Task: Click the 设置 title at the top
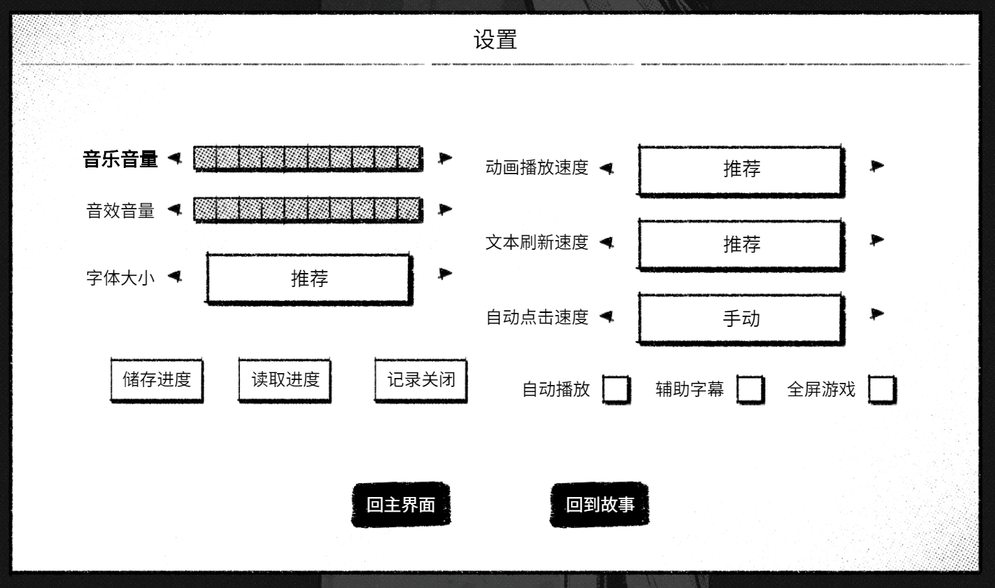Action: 495,40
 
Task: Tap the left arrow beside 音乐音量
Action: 175,157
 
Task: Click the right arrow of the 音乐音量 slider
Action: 444,157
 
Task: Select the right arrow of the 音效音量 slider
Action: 444,209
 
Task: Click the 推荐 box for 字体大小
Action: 309,279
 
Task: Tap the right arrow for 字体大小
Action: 444,273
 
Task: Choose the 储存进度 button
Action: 157,380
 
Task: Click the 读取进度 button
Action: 285,380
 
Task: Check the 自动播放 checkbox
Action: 616,390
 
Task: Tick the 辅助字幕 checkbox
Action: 750,390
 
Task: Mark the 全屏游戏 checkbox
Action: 882,390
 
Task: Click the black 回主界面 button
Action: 401,505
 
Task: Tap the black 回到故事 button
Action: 600,505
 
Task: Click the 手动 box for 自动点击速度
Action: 741,318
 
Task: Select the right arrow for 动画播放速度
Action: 877,166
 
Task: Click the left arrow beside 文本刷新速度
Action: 607,242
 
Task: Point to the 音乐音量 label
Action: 120,159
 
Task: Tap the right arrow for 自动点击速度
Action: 877,314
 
